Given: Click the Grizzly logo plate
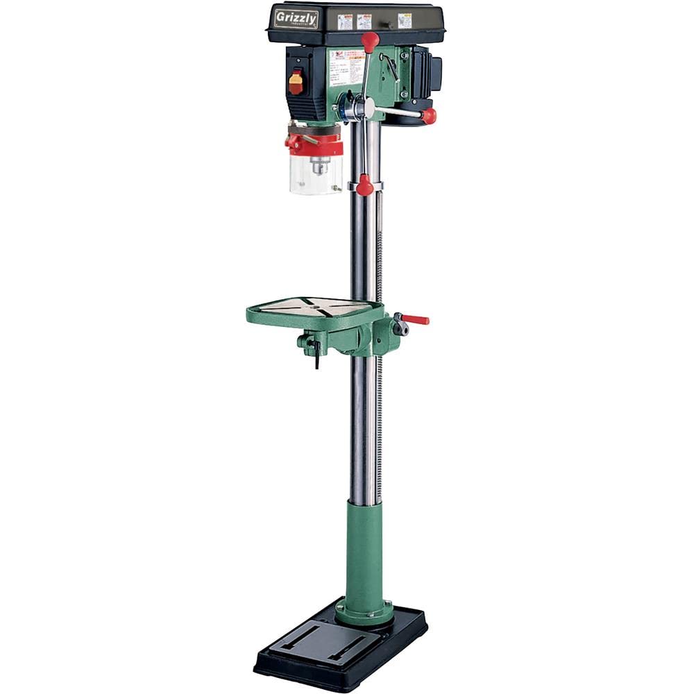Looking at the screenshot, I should pyautogui.click(x=296, y=18).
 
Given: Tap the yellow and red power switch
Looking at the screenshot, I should pyautogui.click(x=296, y=83).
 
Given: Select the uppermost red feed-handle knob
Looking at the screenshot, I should pyautogui.click(x=371, y=40).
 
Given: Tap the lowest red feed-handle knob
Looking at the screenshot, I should pyautogui.click(x=365, y=185).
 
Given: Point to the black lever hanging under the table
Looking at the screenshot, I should pyautogui.click(x=316, y=356).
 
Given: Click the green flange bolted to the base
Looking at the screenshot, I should pyautogui.click(x=364, y=612).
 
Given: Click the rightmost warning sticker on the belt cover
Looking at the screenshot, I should pyautogui.click(x=404, y=20).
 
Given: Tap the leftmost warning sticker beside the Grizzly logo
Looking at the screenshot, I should pyautogui.click(x=345, y=22).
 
